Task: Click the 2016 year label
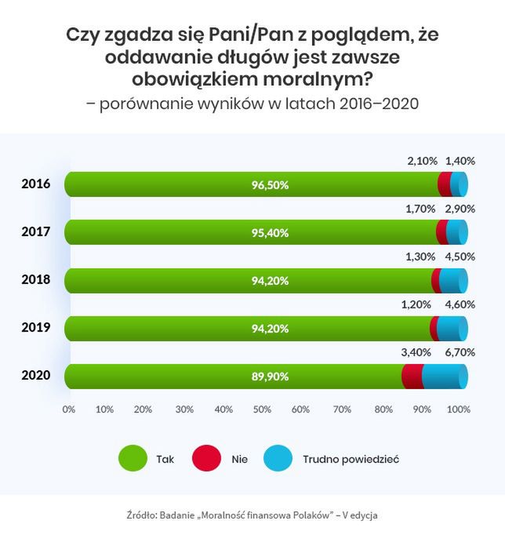coord(36,184)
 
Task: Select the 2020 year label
coord(36,376)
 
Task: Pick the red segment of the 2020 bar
coord(412,377)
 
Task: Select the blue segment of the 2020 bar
coord(445,377)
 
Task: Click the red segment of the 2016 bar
coord(445,185)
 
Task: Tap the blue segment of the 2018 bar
coord(453,281)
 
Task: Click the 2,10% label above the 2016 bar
coord(422,161)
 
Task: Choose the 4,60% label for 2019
coord(460,304)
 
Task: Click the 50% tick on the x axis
coord(263,409)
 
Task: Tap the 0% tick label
coord(69,409)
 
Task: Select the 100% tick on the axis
coord(459,409)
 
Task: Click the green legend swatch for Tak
coord(133,458)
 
